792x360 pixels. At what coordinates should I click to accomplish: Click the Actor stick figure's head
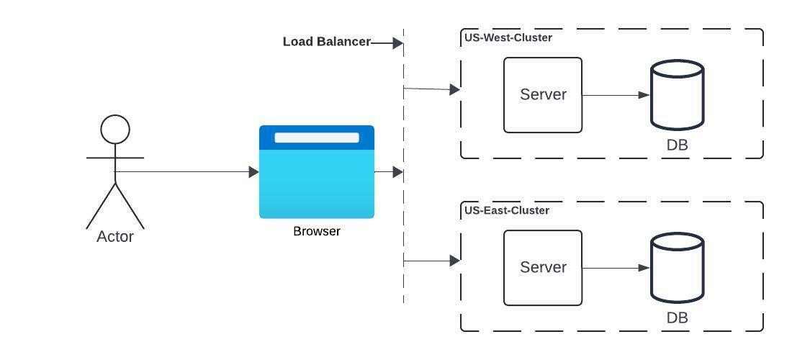click(115, 130)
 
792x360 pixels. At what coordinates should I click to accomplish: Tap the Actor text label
click(115, 236)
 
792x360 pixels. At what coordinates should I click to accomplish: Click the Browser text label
click(317, 231)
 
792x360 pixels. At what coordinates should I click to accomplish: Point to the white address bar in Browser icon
click(317, 138)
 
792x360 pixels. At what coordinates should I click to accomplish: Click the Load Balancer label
click(326, 42)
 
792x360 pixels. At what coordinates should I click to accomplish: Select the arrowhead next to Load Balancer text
click(397, 43)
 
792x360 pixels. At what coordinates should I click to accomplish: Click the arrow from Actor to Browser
click(187, 172)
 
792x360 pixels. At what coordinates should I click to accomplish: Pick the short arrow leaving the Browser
click(389, 172)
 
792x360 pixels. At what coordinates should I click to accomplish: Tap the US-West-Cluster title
click(508, 37)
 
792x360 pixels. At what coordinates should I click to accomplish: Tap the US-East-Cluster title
click(507, 210)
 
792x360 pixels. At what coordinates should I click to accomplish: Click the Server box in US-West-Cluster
click(543, 95)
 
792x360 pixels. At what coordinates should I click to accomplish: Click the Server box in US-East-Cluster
click(543, 268)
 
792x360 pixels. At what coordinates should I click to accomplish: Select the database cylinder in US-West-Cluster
click(677, 95)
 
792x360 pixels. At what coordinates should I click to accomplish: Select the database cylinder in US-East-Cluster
click(677, 268)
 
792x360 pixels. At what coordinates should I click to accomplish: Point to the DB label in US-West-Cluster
click(677, 145)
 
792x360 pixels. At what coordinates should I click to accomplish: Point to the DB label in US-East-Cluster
click(677, 318)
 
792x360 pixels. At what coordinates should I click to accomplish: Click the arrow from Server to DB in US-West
click(616, 95)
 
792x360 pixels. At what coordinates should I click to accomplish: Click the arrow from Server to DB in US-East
click(616, 268)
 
